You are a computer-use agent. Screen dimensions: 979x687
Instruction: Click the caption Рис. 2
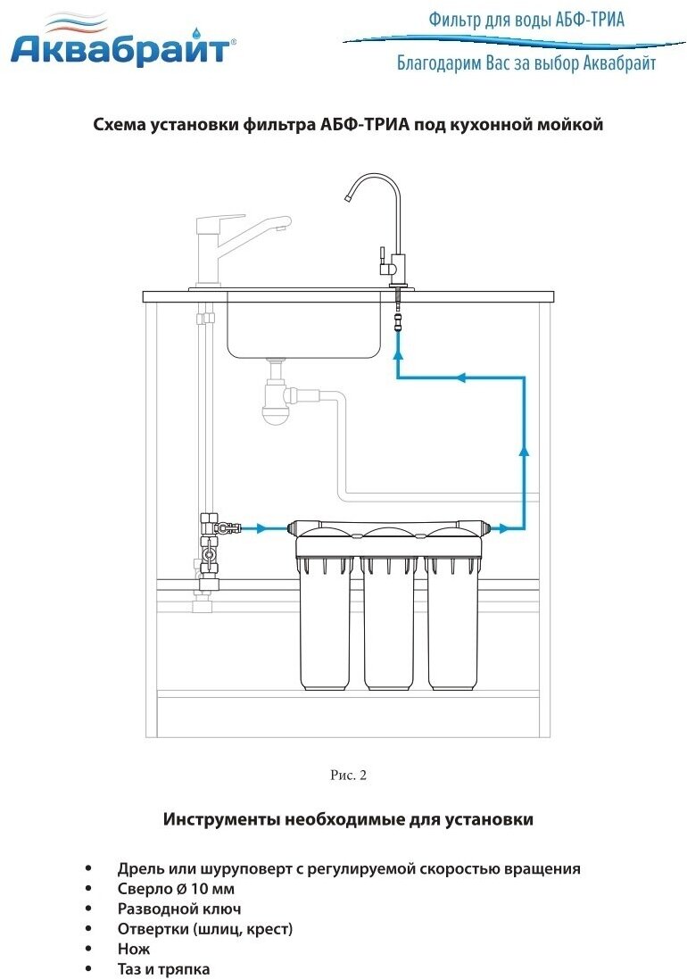point(348,775)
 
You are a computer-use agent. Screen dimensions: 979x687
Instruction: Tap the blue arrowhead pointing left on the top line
point(461,377)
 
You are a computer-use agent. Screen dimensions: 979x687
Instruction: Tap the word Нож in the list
point(134,949)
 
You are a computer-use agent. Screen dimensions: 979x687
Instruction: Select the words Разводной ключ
point(179,908)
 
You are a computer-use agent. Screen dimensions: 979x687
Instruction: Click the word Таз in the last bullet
point(131,968)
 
